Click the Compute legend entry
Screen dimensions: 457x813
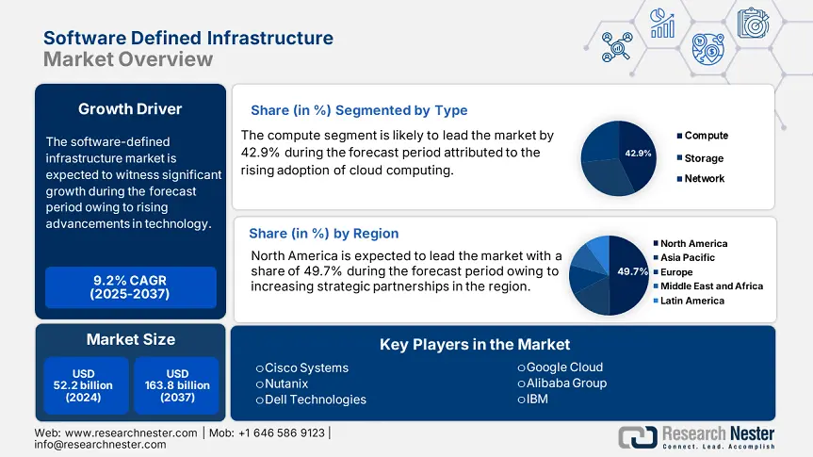(x=706, y=136)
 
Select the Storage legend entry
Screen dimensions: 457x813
(x=704, y=158)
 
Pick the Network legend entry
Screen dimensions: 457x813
(x=704, y=179)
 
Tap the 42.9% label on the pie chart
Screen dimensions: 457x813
(x=638, y=153)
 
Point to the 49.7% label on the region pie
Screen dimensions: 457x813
(x=632, y=271)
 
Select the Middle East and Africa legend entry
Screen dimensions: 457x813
(x=711, y=286)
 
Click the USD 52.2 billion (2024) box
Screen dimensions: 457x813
(x=84, y=385)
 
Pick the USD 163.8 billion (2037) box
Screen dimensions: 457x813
(x=176, y=385)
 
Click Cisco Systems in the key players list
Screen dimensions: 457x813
(x=306, y=367)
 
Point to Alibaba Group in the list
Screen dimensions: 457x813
(x=566, y=383)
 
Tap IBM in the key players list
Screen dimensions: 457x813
(x=537, y=399)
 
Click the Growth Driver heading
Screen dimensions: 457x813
(x=130, y=109)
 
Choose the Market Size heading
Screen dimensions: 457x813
(x=130, y=339)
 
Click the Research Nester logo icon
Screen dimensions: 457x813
(x=638, y=436)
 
